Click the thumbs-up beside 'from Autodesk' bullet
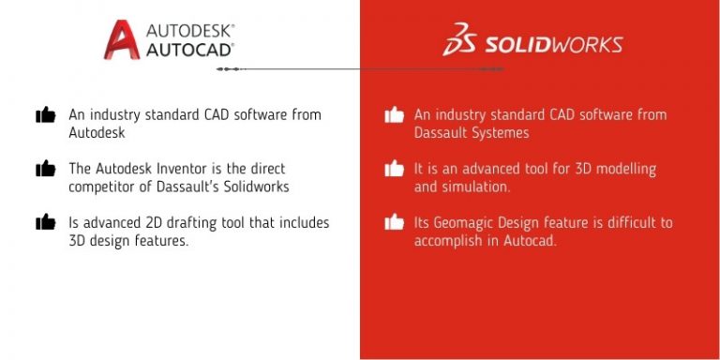pyautogui.click(x=45, y=115)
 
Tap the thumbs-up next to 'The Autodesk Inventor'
pyautogui.click(x=45, y=169)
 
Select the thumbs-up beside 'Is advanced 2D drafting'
pyautogui.click(x=45, y=222)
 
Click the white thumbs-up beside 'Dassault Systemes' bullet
pyautogui.click(x=394, y=115)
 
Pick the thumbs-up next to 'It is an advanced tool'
pyautogui.click(x=394, y=169)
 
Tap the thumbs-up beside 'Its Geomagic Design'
pyautogui.click(x=394, y=222)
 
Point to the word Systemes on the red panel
pyautogui.click(x=502, y=133)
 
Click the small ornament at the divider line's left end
pyautogui.click(x=223, y=69)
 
